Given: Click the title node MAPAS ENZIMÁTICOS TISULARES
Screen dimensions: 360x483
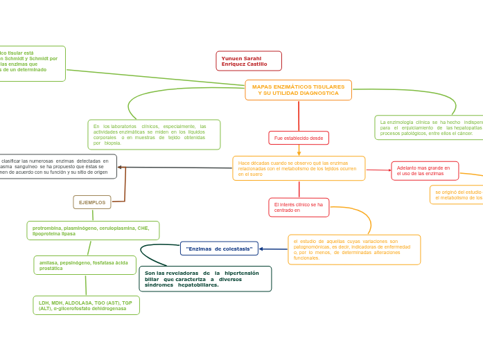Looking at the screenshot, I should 298,90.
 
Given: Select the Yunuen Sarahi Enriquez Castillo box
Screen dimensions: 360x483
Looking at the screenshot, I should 249,61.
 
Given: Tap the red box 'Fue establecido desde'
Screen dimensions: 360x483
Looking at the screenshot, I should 299,138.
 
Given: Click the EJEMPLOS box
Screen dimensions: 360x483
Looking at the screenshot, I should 92,202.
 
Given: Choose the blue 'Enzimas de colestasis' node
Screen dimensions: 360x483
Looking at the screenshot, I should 219,249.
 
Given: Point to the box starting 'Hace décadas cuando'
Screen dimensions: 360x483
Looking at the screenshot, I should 299,168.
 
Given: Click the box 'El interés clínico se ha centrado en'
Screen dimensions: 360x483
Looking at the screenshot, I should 299,207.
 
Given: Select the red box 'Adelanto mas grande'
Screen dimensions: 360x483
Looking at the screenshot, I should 424,170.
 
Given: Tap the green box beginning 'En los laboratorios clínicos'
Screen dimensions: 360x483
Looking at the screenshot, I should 154,134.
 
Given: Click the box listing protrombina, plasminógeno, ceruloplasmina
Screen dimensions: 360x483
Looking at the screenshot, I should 93,231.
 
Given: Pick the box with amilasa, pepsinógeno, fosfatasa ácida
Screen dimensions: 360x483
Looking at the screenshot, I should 85,265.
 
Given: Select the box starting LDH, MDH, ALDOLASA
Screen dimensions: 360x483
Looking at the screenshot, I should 86,305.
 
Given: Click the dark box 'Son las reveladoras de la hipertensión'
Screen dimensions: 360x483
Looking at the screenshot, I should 205,278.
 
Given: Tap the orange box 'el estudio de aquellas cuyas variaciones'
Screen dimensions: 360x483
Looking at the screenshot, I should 354,249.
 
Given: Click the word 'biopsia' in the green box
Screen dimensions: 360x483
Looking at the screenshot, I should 112,143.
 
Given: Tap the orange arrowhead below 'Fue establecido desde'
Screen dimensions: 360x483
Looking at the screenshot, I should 299,153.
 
